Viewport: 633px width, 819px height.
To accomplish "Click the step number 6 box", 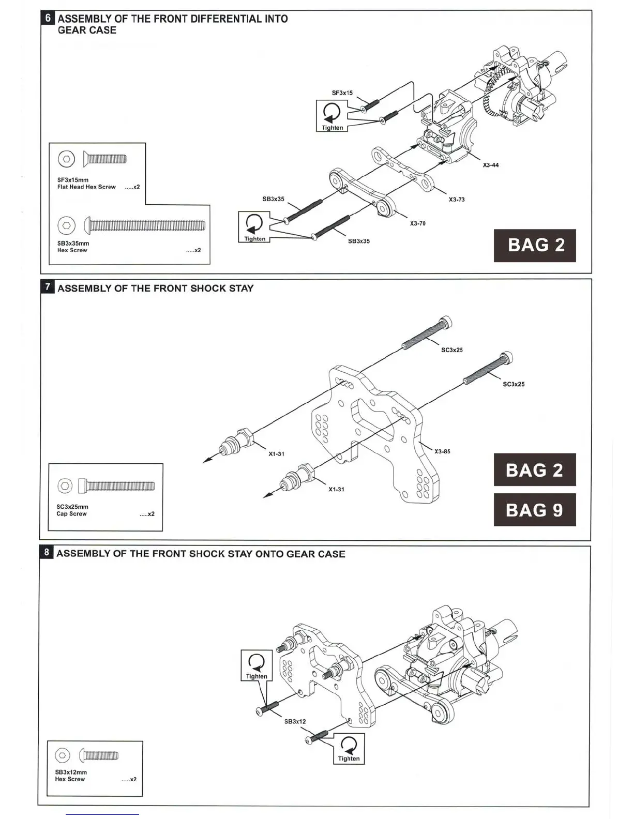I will pos(48,18).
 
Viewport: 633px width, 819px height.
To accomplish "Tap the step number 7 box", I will pos(48,287).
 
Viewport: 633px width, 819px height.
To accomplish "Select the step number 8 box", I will pos(47,553).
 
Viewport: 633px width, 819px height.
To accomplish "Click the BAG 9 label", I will pos(534,510).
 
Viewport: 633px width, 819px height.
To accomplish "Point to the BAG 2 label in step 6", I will pos(535,245).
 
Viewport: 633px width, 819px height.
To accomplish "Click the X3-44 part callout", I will pos(490,165).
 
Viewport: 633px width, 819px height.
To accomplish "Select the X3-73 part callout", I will pos(456,200).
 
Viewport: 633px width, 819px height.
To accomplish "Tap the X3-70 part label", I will pos(417,224).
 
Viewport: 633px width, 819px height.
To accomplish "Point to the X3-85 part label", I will pos(442,451).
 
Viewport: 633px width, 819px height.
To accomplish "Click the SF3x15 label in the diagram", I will pos(342,93).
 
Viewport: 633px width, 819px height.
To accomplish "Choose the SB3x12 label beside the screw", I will pos(295,722).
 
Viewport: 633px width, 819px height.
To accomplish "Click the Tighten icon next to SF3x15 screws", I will pos(331,116).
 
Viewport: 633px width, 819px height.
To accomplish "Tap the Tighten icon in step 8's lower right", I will pos(349,749).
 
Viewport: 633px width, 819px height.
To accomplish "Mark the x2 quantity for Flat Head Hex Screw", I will pos(132,187).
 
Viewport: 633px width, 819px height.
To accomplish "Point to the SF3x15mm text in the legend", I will pos(73,180).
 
